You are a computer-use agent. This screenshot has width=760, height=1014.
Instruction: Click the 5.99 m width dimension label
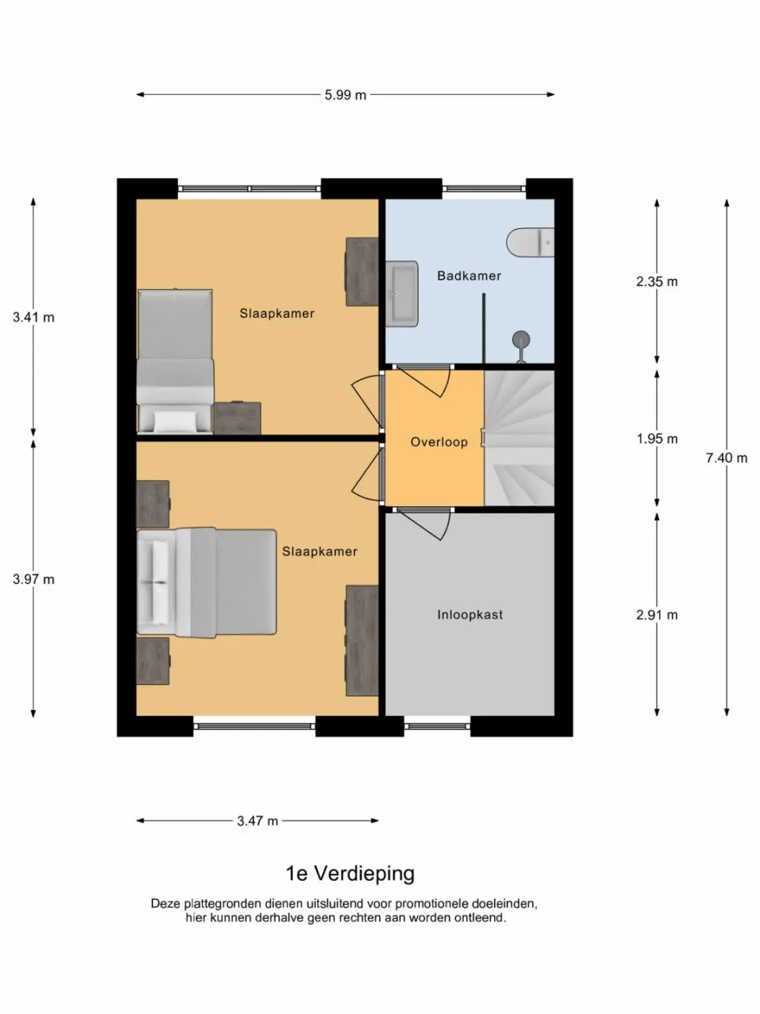[x=345, y=95]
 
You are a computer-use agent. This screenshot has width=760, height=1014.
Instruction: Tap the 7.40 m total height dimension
[x=726, y=458]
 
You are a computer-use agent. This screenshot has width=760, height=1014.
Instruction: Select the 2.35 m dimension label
[x=656, y=281]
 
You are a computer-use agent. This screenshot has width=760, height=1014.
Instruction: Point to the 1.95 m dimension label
[x=656, y=439]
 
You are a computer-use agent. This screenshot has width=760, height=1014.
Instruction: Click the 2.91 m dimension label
[x=656, y=615]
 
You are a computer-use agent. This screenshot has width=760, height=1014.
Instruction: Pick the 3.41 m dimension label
[x=33, y=318]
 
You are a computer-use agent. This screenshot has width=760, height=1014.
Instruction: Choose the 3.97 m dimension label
[x=33, y=579]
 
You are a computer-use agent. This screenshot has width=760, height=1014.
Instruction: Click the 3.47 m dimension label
[x=257, y=821]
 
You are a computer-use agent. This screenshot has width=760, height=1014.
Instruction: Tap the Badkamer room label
[x=469, y=276]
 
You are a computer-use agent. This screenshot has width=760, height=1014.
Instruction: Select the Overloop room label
[x=439, y=442]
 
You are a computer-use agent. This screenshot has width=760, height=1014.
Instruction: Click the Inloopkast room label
[x=469, y=615]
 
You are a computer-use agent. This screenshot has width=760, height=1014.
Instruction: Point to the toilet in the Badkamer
[x=531, y=242]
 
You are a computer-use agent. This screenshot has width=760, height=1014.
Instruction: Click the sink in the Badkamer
[x=402, y=293]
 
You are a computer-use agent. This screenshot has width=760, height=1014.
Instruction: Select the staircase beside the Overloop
[x=519, y=437]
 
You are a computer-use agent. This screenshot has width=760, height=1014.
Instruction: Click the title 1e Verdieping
[x=349, y=874]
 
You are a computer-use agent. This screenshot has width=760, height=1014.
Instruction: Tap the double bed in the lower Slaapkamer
[x=207, y=582]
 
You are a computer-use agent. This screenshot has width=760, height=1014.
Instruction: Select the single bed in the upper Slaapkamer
[x=175, y=360]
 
